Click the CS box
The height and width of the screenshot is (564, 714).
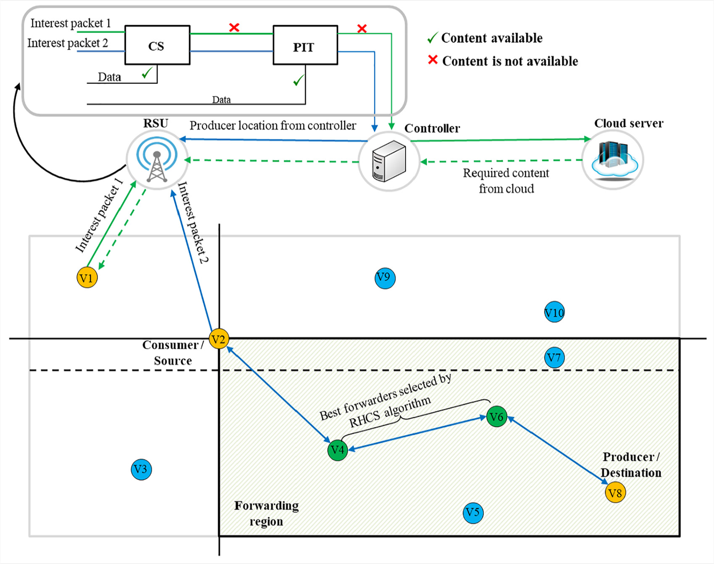tap(157, 45)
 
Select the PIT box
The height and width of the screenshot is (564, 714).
tap(305, 45)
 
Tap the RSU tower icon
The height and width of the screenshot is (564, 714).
tap(157, 160)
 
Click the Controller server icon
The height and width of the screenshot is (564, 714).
tap(389, 161)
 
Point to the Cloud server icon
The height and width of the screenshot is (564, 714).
tap(613, 160)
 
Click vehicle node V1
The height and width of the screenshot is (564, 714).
tap(87, 277)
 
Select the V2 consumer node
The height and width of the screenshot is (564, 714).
tap(219, 339)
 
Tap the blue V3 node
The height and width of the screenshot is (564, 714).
tap(141, 469)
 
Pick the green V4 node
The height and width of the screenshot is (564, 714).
tap(338, 450)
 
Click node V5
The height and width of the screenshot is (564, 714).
tap(473, 513)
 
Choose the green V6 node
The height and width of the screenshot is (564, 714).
tap(496, 416)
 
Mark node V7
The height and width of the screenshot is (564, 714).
tap(554, 358)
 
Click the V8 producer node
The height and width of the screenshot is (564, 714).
tap(615, 493)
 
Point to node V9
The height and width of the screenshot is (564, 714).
tap(385, 278)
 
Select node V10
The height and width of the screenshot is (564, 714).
tap(554, 312)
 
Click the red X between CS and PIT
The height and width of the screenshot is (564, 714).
tap(234, 28)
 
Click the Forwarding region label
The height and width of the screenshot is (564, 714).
tap(266, 514)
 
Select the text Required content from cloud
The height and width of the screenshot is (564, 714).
tap(506, 181)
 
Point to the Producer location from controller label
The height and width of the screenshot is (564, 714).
tap(273, 126)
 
